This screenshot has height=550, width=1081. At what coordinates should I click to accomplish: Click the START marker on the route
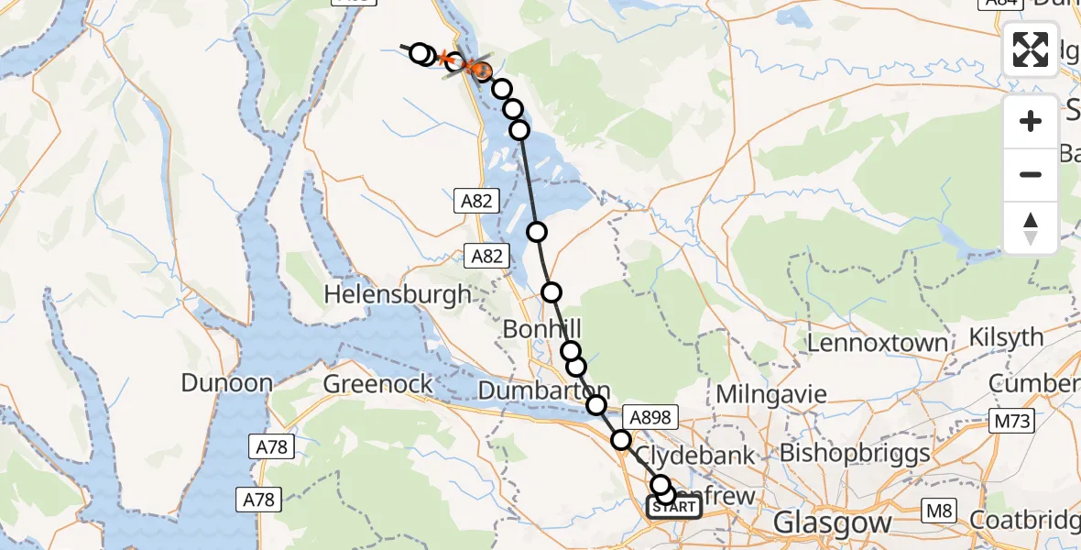click(674, 507)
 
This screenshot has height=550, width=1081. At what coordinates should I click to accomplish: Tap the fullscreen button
click(1031, 49)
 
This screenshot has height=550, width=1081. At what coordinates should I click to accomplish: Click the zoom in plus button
click(1031, 121)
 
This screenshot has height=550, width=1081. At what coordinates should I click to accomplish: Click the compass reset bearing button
click(1031, 228)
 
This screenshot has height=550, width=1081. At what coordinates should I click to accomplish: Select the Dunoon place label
click(226, 383)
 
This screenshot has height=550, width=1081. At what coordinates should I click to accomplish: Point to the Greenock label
click(377, 384)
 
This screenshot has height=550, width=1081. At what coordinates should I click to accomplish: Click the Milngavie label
click(771, 395)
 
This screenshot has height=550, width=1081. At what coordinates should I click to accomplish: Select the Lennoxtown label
click(878, 344)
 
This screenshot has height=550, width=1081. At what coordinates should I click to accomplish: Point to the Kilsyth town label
click(1007, 337)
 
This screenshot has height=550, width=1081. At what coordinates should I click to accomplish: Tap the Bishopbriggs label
click(854, 453)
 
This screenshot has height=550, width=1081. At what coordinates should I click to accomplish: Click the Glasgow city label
click(832, 523)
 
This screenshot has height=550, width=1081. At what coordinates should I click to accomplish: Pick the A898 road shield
click(650, 418)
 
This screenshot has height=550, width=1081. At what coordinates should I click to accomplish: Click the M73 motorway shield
click(1011, 422)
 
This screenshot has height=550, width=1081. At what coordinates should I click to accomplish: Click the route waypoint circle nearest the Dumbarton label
click(596, 405)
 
